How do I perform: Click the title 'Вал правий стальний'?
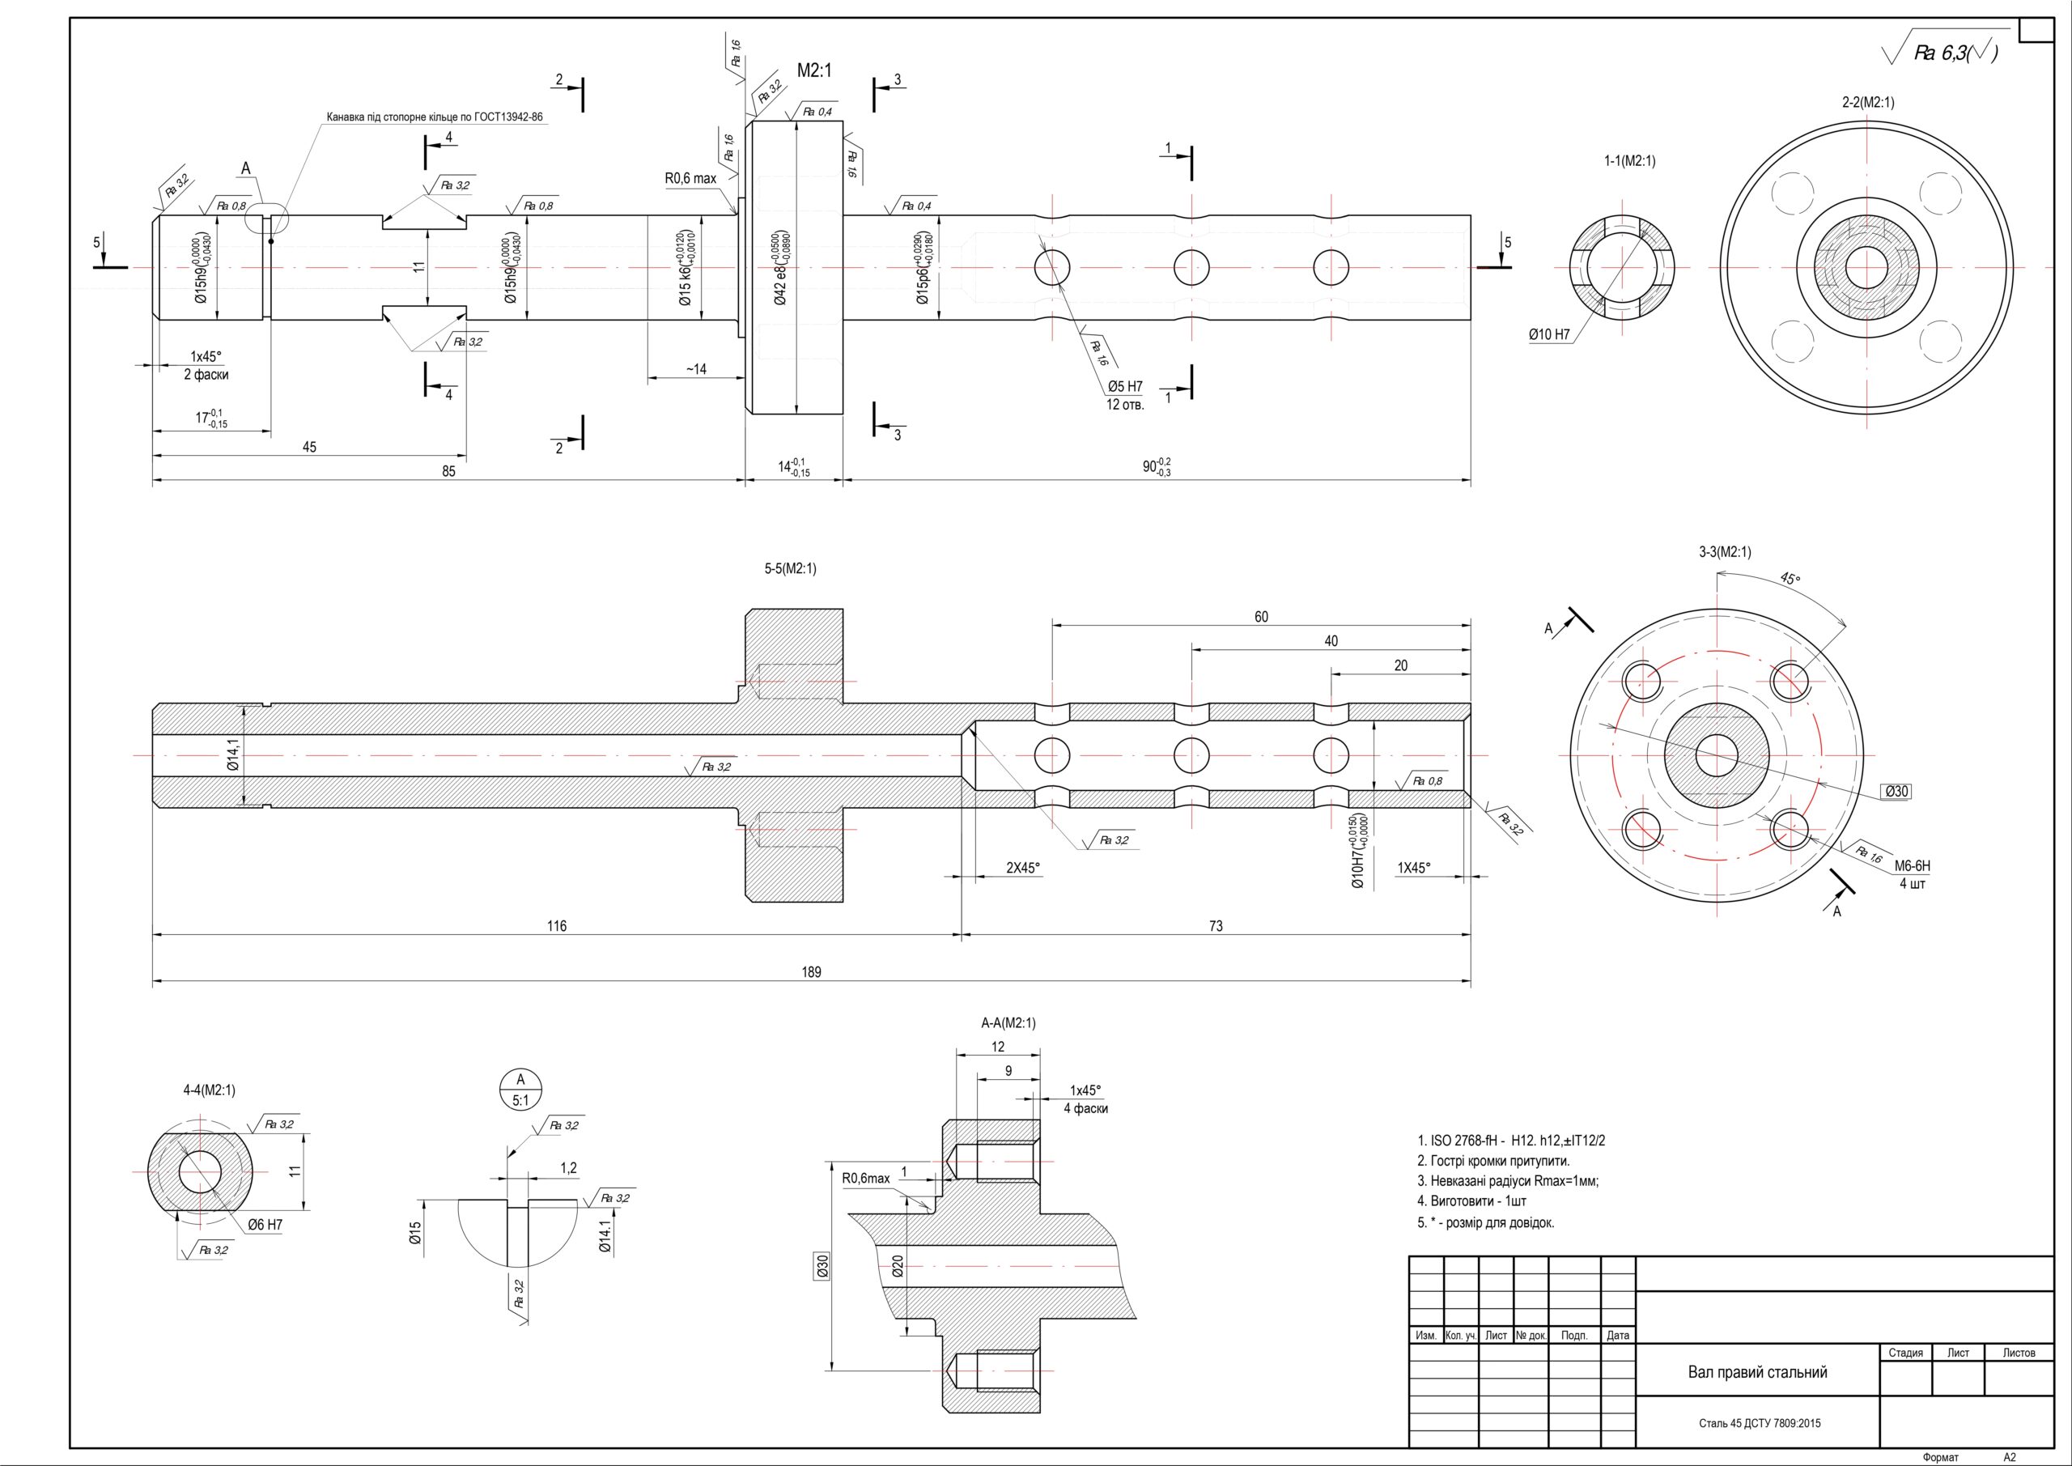click(1757, 1372)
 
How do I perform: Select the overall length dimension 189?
click(811, 972)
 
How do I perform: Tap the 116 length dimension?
click(557, 925)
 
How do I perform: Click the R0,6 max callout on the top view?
click(690, 179)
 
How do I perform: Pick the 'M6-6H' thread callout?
click(1912, 865)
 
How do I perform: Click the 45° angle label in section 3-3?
click(1790, 579)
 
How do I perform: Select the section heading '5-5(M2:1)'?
click(790, 569)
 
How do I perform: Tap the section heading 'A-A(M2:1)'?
click(1008, 1022)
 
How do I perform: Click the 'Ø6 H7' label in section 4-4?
click(265, 1225)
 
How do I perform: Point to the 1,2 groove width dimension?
click(567, 1168)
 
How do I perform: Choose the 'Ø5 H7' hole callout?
click(1125, 386)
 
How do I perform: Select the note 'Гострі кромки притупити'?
click(1499, 1161)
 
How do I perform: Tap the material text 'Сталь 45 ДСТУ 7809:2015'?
click(1759, 1424)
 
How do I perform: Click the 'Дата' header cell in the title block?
click(1618, 1335)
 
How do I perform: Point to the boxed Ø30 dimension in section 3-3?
click(1897, 792)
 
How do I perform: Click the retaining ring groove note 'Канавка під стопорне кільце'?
click(434, 117)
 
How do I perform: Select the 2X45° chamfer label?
click(1022, 868)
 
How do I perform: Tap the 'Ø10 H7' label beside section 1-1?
click(1548, 335)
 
